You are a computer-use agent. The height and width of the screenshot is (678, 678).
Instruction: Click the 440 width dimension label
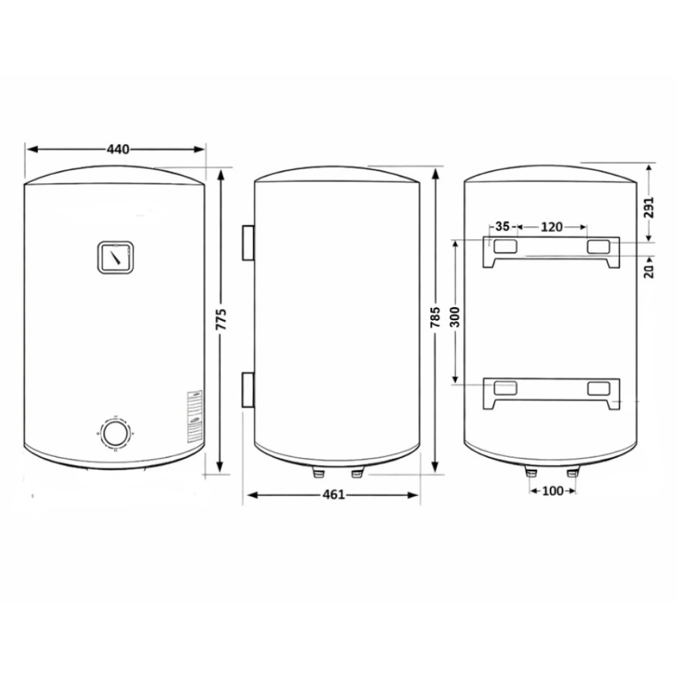(117, 149)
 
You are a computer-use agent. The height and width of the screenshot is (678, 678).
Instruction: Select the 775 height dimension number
(221, 319)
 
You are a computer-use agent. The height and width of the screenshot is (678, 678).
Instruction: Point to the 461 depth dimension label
(334, 494)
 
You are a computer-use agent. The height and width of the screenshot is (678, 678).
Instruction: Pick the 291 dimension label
(649, 207)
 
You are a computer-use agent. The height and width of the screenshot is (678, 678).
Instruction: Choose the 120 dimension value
(552, 226)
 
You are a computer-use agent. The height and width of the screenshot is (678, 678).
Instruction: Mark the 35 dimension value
(502, 226)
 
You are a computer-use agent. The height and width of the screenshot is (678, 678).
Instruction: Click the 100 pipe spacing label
(553, 491)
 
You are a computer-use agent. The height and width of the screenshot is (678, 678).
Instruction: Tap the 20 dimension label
(650, 271)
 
